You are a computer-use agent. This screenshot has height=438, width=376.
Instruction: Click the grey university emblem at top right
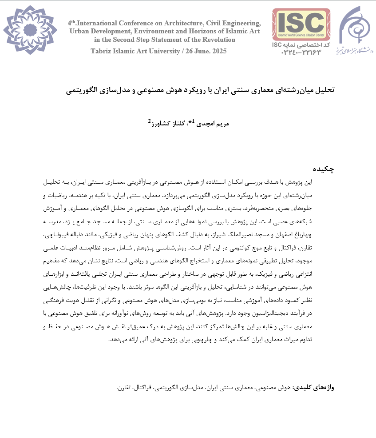click(356, 30)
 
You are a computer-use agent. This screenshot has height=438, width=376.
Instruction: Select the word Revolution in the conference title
click(217, 40)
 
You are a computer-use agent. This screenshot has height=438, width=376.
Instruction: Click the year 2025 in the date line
click(218, 51)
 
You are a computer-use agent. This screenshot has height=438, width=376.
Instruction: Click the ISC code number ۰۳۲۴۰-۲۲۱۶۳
click(302, 52)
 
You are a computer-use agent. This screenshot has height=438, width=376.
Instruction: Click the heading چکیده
click(323, 169)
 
